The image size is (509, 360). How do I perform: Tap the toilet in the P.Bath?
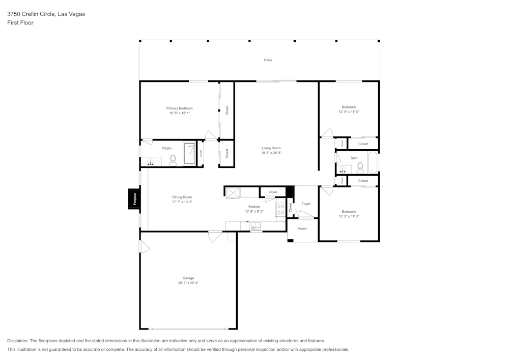pyautogui.click(x=173, y=160)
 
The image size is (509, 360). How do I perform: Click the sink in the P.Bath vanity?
pyautogui.click(x=151, y=162)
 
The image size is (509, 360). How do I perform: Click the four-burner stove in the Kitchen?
pyautogui.click(x=280, y=209)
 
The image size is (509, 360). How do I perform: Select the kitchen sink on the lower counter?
pyautogui.click(x=256, y=226)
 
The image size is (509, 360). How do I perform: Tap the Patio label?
pyautogui.click(x=268, y=60)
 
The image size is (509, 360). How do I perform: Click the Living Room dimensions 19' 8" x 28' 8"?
pyautogui.click(x=271, y=153)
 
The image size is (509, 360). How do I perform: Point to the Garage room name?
pyautogui.click(x=188, y=278)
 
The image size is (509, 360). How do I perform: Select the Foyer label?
pyautogui.click(x=306, y=204)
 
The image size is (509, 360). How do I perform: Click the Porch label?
pyautogui.click(x=302, y=229)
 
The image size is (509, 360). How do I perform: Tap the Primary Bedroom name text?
pyautogui.click(x=179, y=108)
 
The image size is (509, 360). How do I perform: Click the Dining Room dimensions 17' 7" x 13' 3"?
pyautogui.click(x=182, y=202)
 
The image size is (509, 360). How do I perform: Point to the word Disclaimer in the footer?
pyautogui.click(x=18, y=341)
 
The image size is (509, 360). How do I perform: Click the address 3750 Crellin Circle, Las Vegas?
pyautogui.click(x=46, y=14)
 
